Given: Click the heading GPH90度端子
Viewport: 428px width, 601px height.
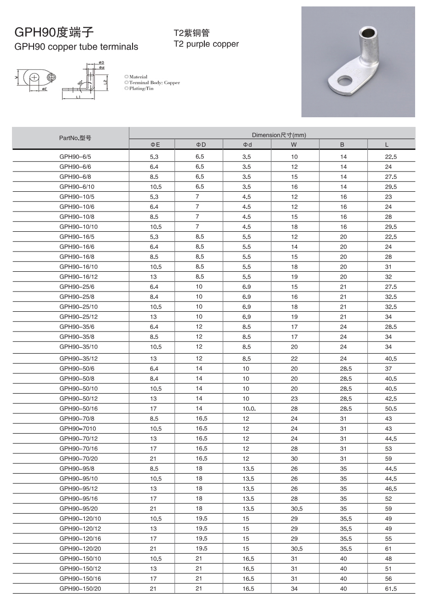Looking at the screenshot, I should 54,32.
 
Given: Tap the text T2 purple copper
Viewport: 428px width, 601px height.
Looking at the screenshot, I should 206,44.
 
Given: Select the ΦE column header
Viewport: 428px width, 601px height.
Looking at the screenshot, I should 155,144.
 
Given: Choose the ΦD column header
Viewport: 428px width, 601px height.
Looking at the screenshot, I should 201,144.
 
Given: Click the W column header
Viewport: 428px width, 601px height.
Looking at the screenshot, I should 294,144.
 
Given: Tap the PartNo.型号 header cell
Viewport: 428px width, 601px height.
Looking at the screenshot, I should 75,138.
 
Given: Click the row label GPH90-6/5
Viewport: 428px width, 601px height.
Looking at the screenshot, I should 75,157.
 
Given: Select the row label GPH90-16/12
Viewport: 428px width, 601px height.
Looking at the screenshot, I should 79,277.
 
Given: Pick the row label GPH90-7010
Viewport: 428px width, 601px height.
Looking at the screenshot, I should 78,429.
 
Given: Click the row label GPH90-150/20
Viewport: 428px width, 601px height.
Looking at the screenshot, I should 80,589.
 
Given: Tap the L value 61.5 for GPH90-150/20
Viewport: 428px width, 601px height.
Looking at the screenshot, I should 391,589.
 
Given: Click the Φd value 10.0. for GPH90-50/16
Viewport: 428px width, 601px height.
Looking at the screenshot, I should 249,409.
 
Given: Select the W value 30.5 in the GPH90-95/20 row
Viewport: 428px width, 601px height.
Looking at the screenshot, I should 296,509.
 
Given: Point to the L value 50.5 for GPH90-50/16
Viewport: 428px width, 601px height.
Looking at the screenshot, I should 391,409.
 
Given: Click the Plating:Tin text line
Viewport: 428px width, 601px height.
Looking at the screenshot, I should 139,88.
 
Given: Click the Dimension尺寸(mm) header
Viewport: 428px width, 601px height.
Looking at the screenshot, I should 279,135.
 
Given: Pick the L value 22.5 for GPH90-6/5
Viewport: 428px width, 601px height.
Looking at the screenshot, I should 391,157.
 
